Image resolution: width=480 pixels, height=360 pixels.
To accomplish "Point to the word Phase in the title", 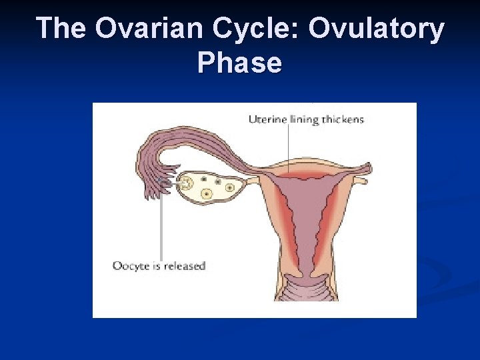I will point(239,63).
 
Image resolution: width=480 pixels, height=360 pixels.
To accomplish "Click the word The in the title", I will point(61,29).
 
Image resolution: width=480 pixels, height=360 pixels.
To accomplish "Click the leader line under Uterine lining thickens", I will point(288,148).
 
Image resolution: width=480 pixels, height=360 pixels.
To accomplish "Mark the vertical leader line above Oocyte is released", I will point(161,220).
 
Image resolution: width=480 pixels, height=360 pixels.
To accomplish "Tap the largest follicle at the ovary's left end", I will point(188,182).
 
